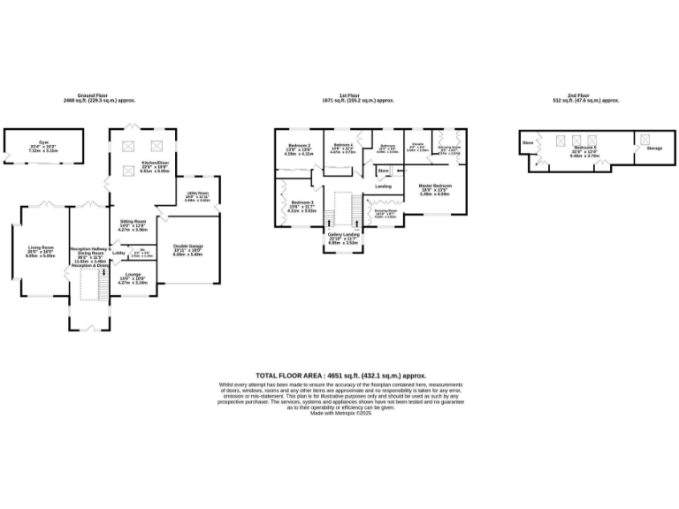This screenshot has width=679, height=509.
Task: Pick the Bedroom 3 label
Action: [x=301, y=203]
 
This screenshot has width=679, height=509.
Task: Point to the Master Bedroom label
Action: [x=435, y=186]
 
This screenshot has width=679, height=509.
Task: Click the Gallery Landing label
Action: [x=341, y=236]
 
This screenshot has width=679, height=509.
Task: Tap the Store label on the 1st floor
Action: [x=383, y=170]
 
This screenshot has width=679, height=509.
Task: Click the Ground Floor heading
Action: [x=98, y=95]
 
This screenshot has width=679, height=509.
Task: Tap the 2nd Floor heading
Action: [x=584, y=95]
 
